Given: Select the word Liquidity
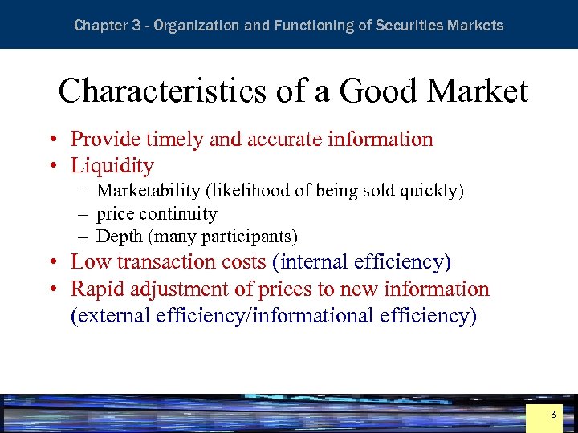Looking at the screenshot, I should click(x=112, y=166).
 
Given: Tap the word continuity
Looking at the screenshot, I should click(x=178, y=214).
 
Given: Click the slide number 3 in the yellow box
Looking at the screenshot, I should click(x=552, y=415).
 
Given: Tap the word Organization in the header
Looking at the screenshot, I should click(x=196, y=25).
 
